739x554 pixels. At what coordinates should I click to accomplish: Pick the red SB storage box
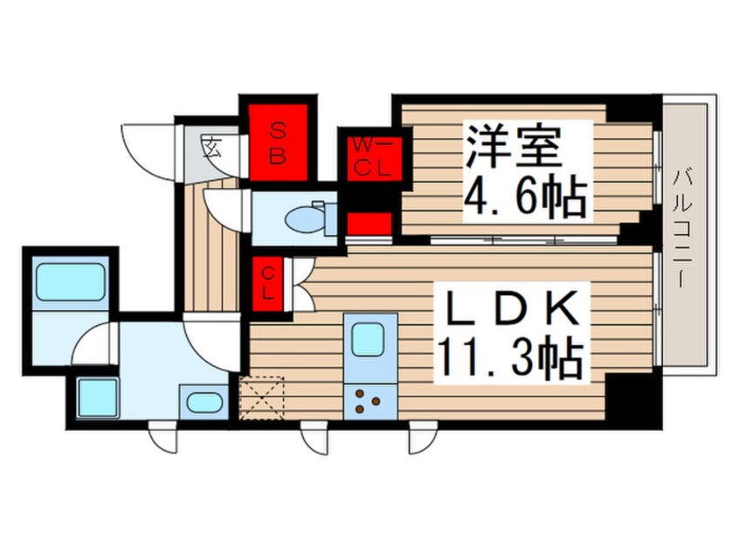pos(279,142)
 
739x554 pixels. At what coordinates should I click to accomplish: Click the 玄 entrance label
pos(211,146)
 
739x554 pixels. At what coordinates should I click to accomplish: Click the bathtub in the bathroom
pos(70,280)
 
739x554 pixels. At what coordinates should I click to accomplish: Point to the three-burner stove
pos(366,401)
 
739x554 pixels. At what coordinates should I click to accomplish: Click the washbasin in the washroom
pos(204,404)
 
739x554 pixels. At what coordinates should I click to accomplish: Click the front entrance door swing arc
pos(144,149)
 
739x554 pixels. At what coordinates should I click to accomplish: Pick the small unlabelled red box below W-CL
pos(369,224)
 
